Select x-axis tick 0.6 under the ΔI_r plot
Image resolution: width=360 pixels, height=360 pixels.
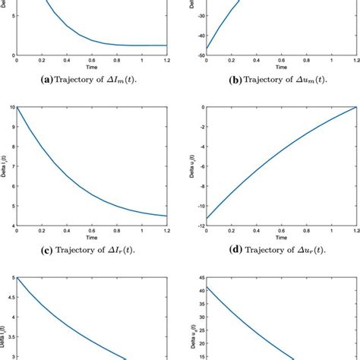pyautogui.click(x=91, y=231)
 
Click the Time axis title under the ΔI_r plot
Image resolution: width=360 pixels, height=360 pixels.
pyautogui.click(x=91, y=238)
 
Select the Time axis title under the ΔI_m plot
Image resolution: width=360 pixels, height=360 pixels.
pyautogui.click(x=91, y=67)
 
